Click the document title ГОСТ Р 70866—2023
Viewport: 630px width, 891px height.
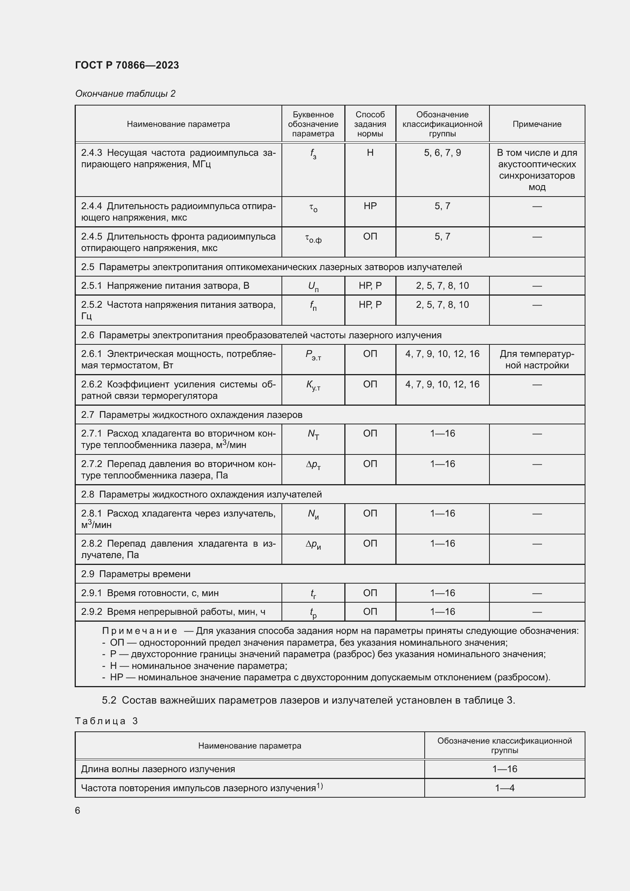[x=127, y=65]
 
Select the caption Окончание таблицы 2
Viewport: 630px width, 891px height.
[x=125, y=94]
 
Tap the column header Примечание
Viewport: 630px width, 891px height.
[x=537, y=124]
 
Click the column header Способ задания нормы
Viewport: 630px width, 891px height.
[x=370, y=124]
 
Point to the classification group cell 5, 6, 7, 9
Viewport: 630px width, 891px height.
[x=442, y=153]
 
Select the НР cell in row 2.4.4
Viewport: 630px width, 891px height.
[x=370, y=206]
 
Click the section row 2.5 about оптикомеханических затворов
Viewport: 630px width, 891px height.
[x=271, y=267]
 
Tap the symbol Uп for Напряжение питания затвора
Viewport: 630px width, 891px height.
[x=313, y=287]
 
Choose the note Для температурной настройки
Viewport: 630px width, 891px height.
[x=537, y=359]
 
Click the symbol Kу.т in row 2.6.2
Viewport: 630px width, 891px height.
[x=313, y=386]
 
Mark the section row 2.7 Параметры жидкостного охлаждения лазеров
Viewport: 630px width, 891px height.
[x=192, y=415]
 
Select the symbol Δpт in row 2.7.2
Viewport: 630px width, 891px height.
[x=313, y=465]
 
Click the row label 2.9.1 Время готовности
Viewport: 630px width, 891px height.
[x=150, y=593]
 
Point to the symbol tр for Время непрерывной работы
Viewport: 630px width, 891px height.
[x=313, y=613]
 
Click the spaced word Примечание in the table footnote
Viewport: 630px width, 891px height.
[x=140, y=631]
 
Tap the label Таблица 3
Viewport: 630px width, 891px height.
[x=107, y=721]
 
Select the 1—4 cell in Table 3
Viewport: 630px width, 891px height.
[x=504, y=788]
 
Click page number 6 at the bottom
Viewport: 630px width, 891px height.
[x=78, y=810]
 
